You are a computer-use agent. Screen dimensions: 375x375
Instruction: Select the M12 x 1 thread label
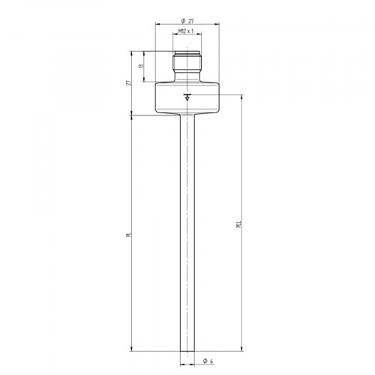(x=187, y=31)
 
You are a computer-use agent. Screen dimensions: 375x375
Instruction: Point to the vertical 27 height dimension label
(x=129, y=82)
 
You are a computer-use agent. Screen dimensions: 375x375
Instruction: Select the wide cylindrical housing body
(x=187, y=97)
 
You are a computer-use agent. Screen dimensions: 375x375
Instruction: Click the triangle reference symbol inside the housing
(x=187, y=97)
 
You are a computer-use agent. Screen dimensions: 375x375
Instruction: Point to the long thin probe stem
(x=187, y=225)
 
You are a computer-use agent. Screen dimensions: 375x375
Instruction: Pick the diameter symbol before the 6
(x=204, y=362)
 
